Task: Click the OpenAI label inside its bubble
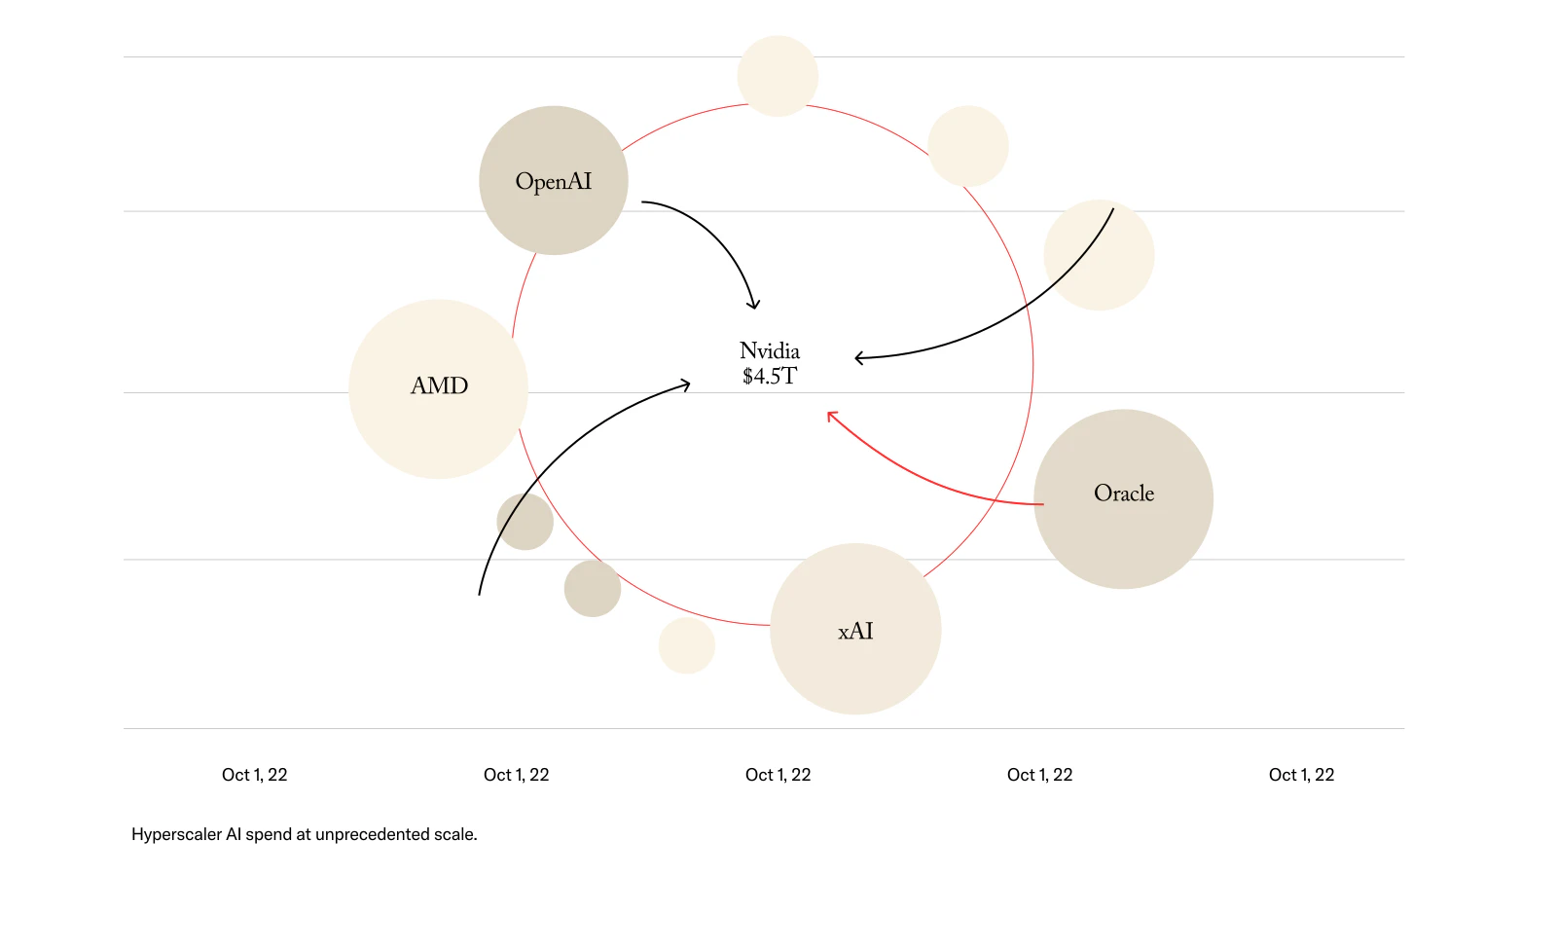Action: click(x=553, y=182)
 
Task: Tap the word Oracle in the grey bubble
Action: click(x=1124, y=494)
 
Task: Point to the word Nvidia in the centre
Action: click(x=770, y=350)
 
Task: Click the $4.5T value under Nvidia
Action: click(x=770, y=377)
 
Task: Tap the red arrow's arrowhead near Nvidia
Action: click(x=830, y=416)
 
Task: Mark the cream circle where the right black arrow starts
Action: click(x=1099, y=255)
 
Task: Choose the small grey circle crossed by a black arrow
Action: click(x=525, y=522)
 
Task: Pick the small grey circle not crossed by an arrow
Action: click(x=593, y=588)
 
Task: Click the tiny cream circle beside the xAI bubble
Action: click(x=687, y=645)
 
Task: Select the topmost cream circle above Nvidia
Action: click(x=778, y=76)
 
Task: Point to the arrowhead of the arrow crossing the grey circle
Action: click(x=687, y=385)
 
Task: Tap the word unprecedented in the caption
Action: click(x=373, y=834)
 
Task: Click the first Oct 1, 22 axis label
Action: click(x=255, y=775)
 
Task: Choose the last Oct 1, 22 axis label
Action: click(x=1301, y=775)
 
